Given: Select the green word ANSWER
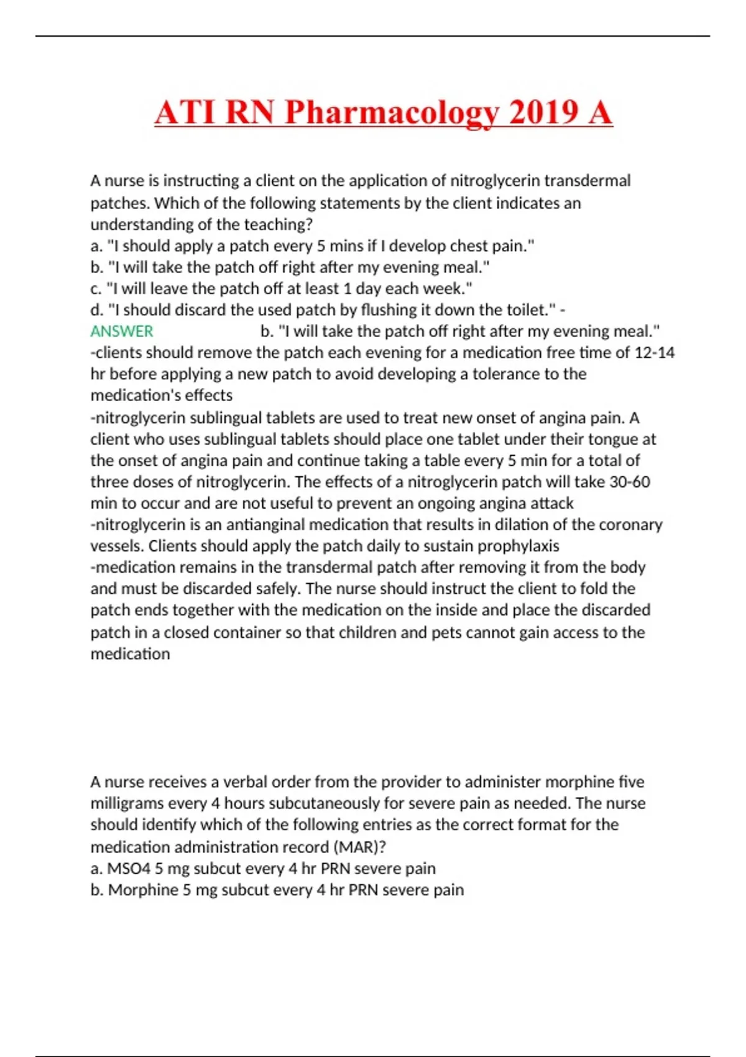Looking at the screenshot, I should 122,331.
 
